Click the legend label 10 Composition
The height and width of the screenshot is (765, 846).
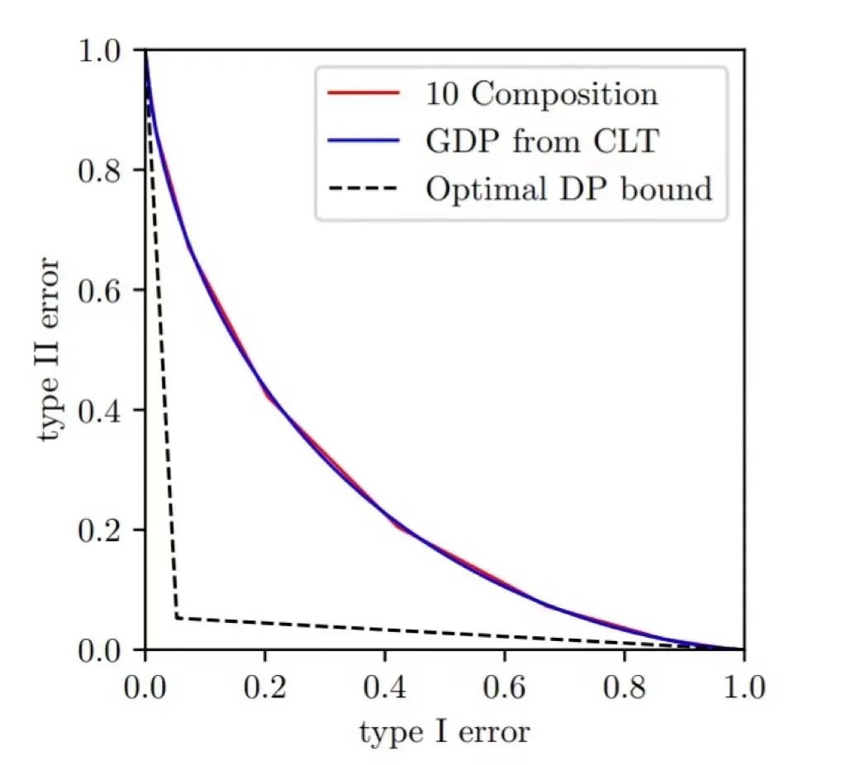tap(542, 94)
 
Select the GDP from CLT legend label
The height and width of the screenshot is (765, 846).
tap(542, 141)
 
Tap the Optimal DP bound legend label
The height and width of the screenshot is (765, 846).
tap(568, 189)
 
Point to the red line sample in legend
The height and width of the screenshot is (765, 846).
tap(364, 93)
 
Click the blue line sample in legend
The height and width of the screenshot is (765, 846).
tap(364, 141)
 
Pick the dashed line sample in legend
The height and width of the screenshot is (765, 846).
tap(364, 189)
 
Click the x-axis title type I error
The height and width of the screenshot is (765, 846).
tap(444, 731)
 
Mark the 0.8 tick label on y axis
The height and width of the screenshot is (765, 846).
tap(101, 171)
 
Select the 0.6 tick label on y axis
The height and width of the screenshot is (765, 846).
tap(101, 291)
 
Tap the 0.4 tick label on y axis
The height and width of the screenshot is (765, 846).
tap(101, 411)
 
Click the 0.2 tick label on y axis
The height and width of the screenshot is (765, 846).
tap(101, 530)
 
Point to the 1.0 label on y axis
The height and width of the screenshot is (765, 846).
tap(101, 51)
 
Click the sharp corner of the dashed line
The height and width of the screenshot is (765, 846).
tap(177, 617)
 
